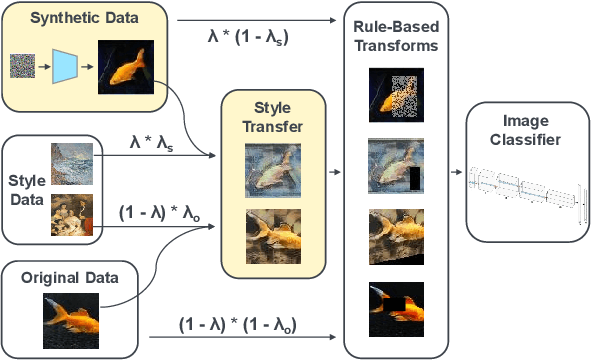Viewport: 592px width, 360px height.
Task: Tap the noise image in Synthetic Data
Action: coord(24,65)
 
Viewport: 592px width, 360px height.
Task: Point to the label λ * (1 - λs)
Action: coord(259,37)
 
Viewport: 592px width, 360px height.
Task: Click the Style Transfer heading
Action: coord(273,117)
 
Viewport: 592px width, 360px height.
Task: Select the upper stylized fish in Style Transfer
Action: coord(273,170)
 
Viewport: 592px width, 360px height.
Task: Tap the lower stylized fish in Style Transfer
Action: coord(273,236)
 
